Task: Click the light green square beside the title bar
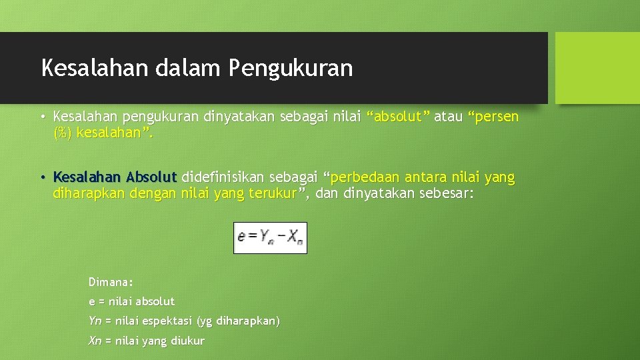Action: tap(597, 68)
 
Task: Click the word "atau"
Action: tap(449, 117)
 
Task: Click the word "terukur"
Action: tap(274, 194)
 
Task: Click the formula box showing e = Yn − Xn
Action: tap(270, 237)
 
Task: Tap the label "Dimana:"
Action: tap(111, 281)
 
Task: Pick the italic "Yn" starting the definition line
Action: tap(95, 321)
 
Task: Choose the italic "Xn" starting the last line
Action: tap(95, 341)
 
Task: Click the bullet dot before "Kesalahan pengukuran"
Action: tap(41, 117)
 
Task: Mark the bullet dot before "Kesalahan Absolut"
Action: tap(41, 178)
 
